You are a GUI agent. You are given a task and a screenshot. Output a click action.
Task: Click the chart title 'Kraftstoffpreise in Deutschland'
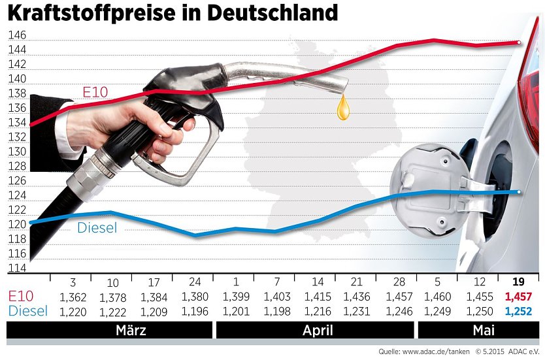[x=173, y=13]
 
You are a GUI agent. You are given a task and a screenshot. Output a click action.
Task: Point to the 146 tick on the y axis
[x=17, y=35]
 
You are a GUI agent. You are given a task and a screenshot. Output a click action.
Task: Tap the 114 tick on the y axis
[x=17, y=269]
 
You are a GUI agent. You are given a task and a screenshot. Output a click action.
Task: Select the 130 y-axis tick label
[x=17, y=152]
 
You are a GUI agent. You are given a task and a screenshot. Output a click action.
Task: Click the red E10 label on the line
[x=95, y=92]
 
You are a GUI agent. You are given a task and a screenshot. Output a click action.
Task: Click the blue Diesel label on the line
[x=97, y=228]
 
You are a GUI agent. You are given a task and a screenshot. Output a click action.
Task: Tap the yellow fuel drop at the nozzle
[x=344, y=108]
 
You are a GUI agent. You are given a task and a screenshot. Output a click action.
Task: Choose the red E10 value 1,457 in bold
[x=519, y=297]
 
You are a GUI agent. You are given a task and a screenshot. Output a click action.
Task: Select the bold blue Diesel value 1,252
[x=519, y=312]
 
